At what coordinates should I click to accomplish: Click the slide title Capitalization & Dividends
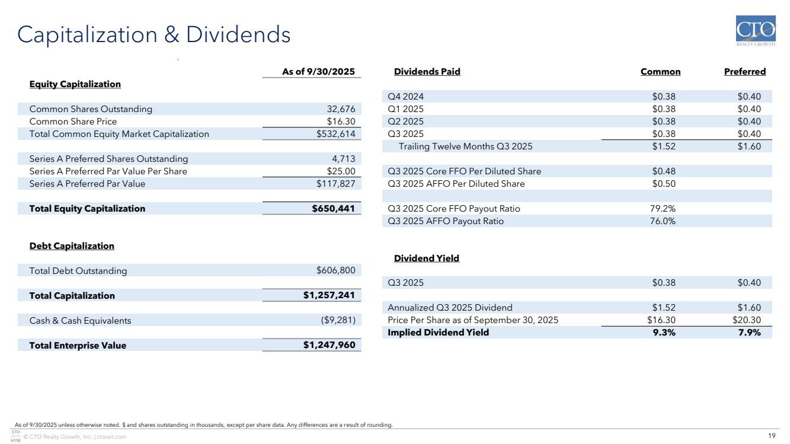click(154, 35)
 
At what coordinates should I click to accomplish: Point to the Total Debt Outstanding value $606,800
click(335, 271)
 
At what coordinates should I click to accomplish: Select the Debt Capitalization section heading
click(72, 246)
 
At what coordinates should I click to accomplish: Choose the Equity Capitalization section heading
click(75, 84)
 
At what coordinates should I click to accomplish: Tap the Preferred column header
click(744, 72)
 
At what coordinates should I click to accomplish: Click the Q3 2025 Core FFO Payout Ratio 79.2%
click(663, 209)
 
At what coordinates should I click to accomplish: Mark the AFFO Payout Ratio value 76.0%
click(663, 221)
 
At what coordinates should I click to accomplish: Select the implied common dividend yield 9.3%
click(663, 333)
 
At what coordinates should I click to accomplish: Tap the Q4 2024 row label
click(405, 97)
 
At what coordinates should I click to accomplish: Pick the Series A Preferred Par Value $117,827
click(335, 184)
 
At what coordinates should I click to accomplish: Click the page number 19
click(771, 436)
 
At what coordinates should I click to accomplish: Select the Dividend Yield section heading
click(426, 258)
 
